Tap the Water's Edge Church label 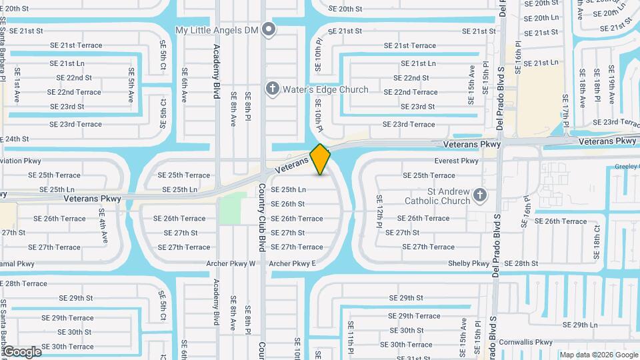coord(325,89)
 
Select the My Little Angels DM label coord(217,30)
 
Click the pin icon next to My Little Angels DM coord(268,29)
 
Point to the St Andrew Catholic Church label coord(439,196)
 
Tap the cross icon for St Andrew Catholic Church coord(479,195)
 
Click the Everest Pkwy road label coord(457,161)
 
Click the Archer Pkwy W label coord(233,263)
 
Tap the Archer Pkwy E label coord(292,263)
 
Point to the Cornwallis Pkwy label coord(526,341)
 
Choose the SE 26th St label coord(288,204)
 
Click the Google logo coord(22,351)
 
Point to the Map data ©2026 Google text coord(598,355)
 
